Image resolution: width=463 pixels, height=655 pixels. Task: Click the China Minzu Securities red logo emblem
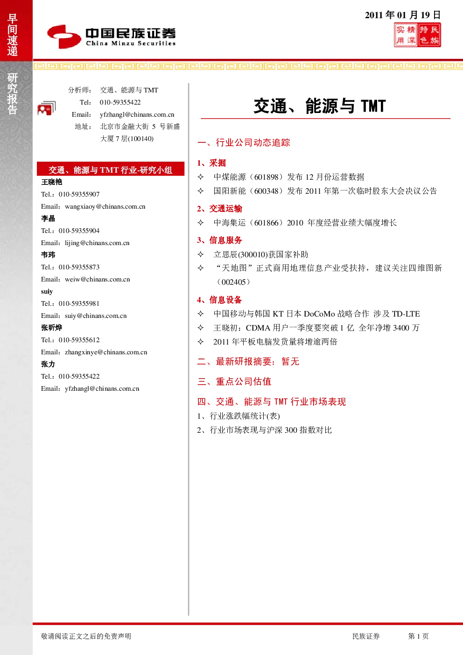(64, 36)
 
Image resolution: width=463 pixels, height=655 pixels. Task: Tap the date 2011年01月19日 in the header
(402, 15)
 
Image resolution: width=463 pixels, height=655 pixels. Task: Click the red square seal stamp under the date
(417, 35)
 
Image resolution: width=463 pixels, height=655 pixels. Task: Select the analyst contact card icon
(47, 108)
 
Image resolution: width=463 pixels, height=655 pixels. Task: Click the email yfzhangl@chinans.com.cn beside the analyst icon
(137, 114)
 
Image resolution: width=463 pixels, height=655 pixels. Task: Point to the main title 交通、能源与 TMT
(320, 106)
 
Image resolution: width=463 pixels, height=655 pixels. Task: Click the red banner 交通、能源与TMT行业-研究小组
(111, 169)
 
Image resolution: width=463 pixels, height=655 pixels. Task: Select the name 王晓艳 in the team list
(52, 182)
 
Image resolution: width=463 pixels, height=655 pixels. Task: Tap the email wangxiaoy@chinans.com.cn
(105, 206)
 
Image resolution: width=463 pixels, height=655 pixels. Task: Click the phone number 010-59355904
(79, 231)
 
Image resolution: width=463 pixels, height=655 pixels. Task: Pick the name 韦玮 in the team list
(48, 255)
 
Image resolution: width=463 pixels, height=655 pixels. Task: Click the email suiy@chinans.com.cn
(96, 316)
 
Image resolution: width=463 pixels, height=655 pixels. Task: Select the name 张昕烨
(51, 328)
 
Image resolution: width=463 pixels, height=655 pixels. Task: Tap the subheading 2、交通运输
(219, 209)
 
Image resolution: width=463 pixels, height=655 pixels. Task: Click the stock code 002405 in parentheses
(233, 282)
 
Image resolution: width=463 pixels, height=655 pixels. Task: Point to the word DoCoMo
(319, 314)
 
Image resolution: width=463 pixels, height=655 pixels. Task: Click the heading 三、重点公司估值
(234, 381)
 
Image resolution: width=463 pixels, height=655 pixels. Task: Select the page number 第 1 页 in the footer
(418, 636)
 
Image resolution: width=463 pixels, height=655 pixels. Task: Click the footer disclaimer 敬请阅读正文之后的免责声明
(86, 636)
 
